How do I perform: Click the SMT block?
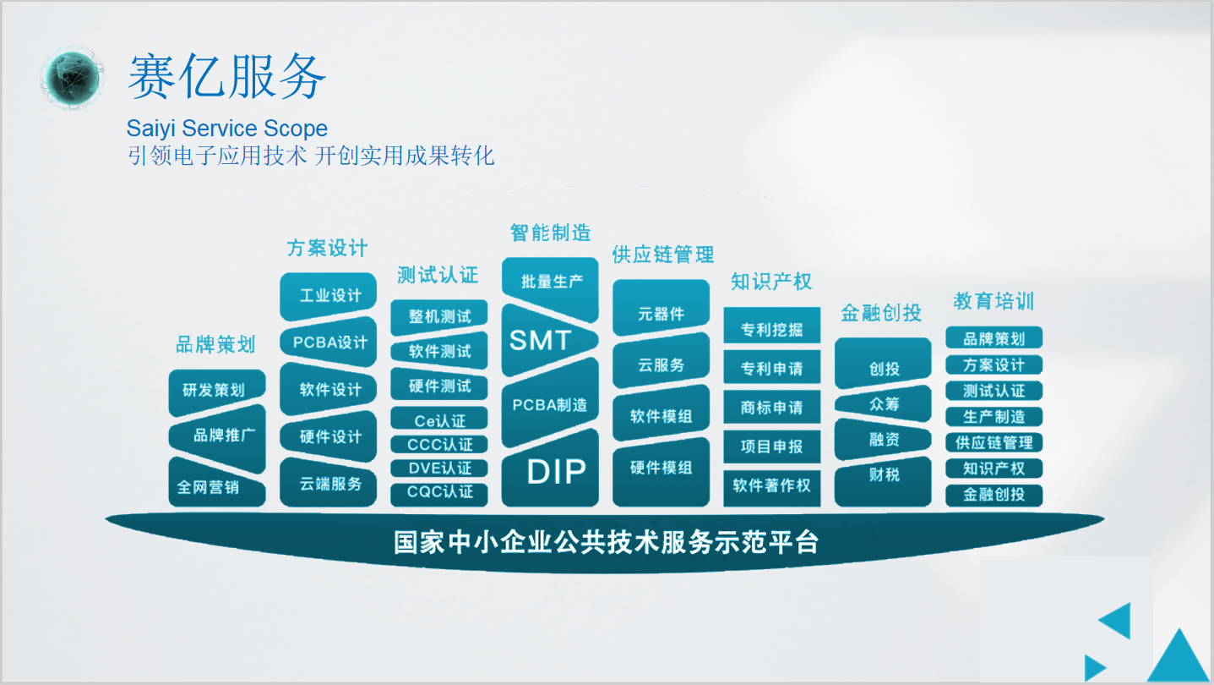click(x=549, y=341)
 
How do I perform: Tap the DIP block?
click(x=550, y=470)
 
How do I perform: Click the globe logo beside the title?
click(x=72, y=78)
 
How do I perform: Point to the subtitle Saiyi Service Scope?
click(x=226, y=129)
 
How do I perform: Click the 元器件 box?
click(x=661, y=310)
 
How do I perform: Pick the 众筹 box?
click(x=883, y=404)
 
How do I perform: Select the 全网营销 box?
click(x=217, y=483)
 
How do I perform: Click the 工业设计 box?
click(x=328, y=296)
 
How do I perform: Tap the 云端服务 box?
click(x=328, y=483)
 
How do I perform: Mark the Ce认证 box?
click(x=439, y=419)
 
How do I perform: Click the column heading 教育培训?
click(x=994, y=301)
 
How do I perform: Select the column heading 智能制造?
click(x=550, y=233)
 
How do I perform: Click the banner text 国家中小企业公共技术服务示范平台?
click(x=606, y=542)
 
